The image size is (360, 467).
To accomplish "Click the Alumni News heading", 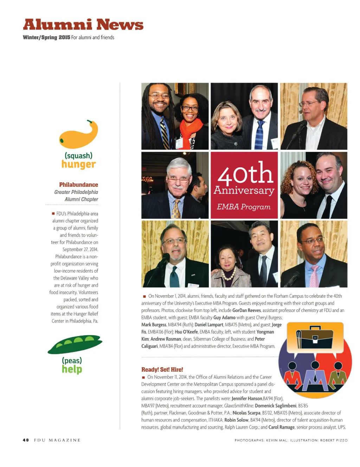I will [83, 25].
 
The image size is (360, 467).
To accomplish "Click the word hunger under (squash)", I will [78, 164].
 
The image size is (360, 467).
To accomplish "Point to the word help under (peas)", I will [72, 369].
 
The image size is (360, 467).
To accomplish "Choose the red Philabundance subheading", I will [78, 184].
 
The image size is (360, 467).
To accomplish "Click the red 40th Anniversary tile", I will [244, 185].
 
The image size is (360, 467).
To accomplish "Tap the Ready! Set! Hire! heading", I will [162, 369].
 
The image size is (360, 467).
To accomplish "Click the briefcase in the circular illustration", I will [315, 338].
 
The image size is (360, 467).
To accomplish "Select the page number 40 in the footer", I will [26, 440].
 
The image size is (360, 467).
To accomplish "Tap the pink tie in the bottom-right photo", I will [314, 276].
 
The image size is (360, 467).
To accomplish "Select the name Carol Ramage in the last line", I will [281, 427].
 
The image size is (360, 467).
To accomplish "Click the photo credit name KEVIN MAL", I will [277, 440].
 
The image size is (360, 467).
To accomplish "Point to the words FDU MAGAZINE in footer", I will [57, 440].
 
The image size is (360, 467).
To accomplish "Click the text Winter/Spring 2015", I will [46, 37].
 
